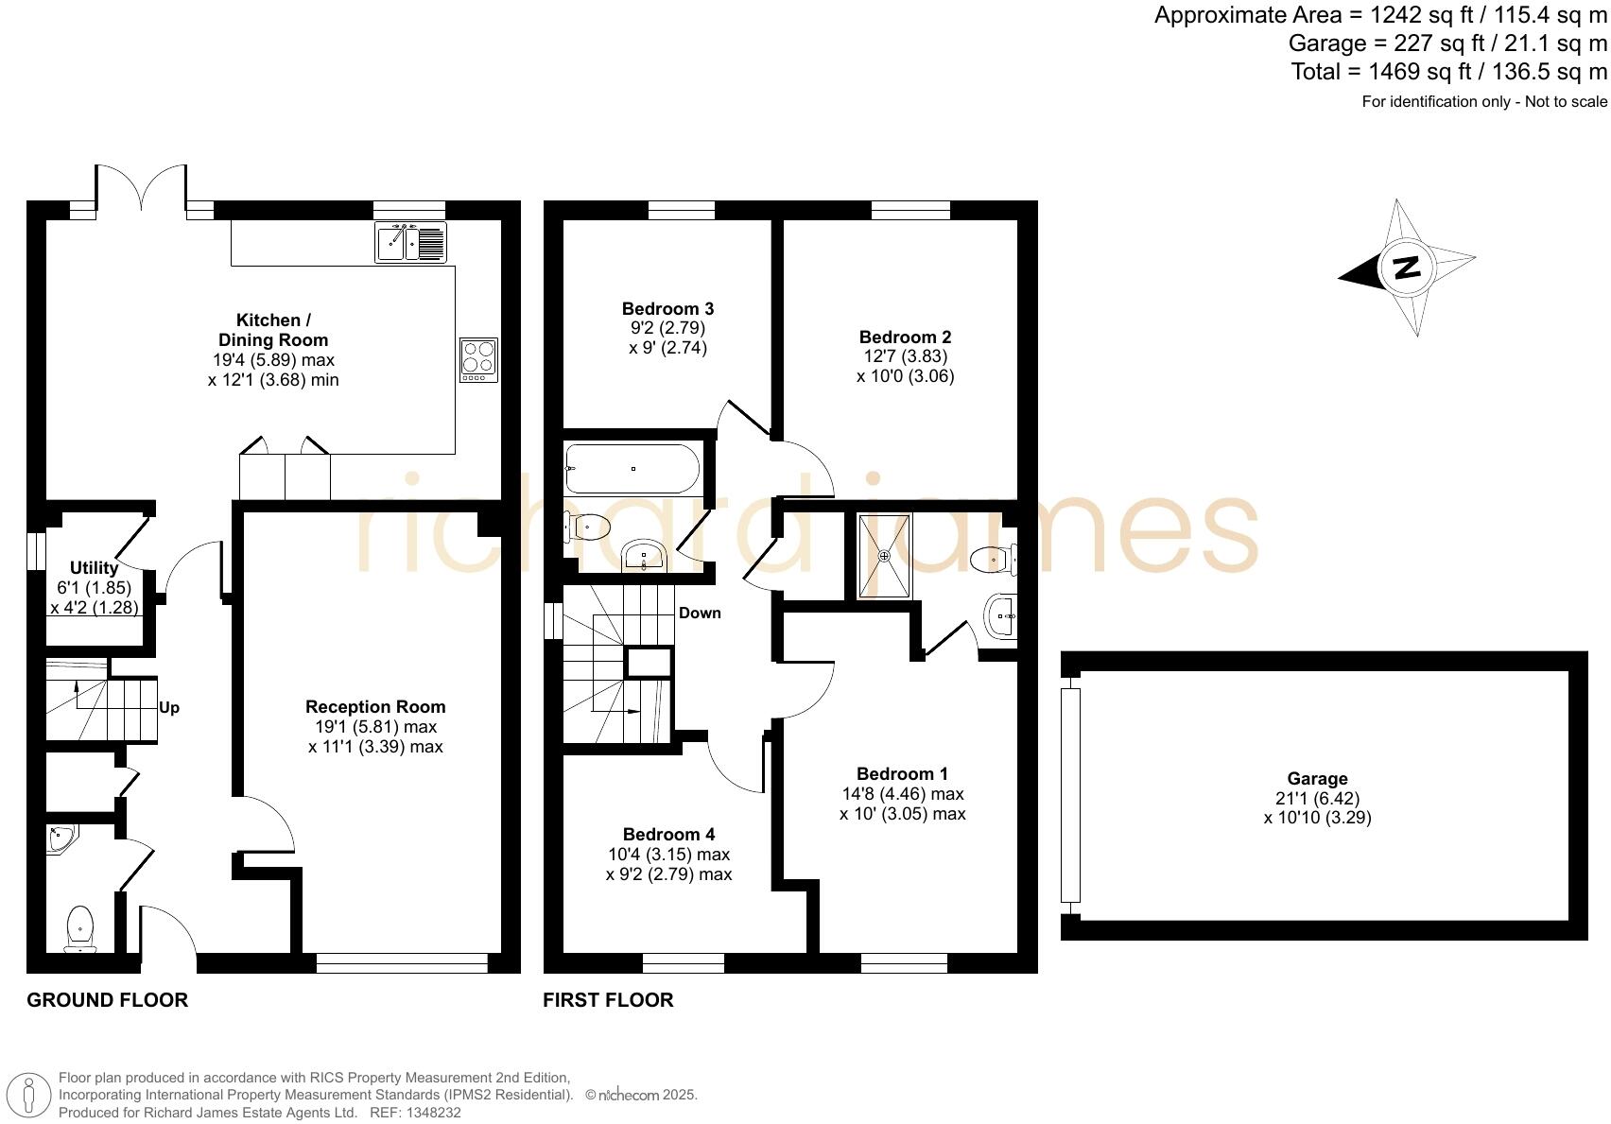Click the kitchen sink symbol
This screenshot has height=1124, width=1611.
pos(410,241)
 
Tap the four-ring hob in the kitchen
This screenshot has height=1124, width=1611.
pos(478,360)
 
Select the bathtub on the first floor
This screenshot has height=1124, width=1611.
pos(632,469)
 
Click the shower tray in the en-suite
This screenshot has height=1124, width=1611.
pos(886,556)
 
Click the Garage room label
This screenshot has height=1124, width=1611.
pos(1317,779)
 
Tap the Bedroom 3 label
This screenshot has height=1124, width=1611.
pos(667,309)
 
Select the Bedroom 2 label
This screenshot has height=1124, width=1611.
pos(905,337)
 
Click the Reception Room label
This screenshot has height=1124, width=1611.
pos(375,707)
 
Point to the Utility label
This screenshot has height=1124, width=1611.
pos(94,568)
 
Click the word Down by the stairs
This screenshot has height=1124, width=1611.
pos(700,614)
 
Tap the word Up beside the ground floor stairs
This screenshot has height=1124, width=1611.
pos(169,708)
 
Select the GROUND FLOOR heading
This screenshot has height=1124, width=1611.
pos(107,1000)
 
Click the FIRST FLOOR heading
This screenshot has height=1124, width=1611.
pos(608,1000)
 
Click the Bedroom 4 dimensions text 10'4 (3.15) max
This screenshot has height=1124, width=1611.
pos(668,855)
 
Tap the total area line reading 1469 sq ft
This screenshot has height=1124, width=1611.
pos(1448,72)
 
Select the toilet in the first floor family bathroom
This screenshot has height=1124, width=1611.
pos(588,527)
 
